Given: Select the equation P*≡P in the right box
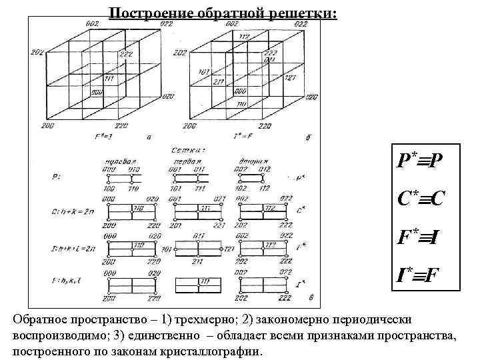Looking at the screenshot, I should click(419, 161).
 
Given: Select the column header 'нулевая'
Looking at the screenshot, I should click(120, 161).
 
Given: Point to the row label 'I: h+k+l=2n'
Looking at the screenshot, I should click(74, 247).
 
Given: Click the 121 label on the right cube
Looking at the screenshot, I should click(291, 78).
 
